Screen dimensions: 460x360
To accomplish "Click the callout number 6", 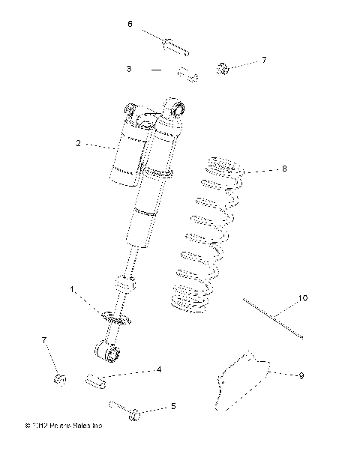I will click(x=130, y=25).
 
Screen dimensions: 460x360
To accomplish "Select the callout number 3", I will click(x=129, y=69).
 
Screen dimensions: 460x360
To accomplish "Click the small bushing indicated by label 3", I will click(x=187, y=74).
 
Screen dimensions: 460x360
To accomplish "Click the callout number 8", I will click(x=285, y=169).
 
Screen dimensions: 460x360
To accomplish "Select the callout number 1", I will click(x=73, y=289).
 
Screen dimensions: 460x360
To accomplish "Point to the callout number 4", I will click(x=158, y=369).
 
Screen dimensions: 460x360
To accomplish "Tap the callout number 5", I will click(x=173, y=407).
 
